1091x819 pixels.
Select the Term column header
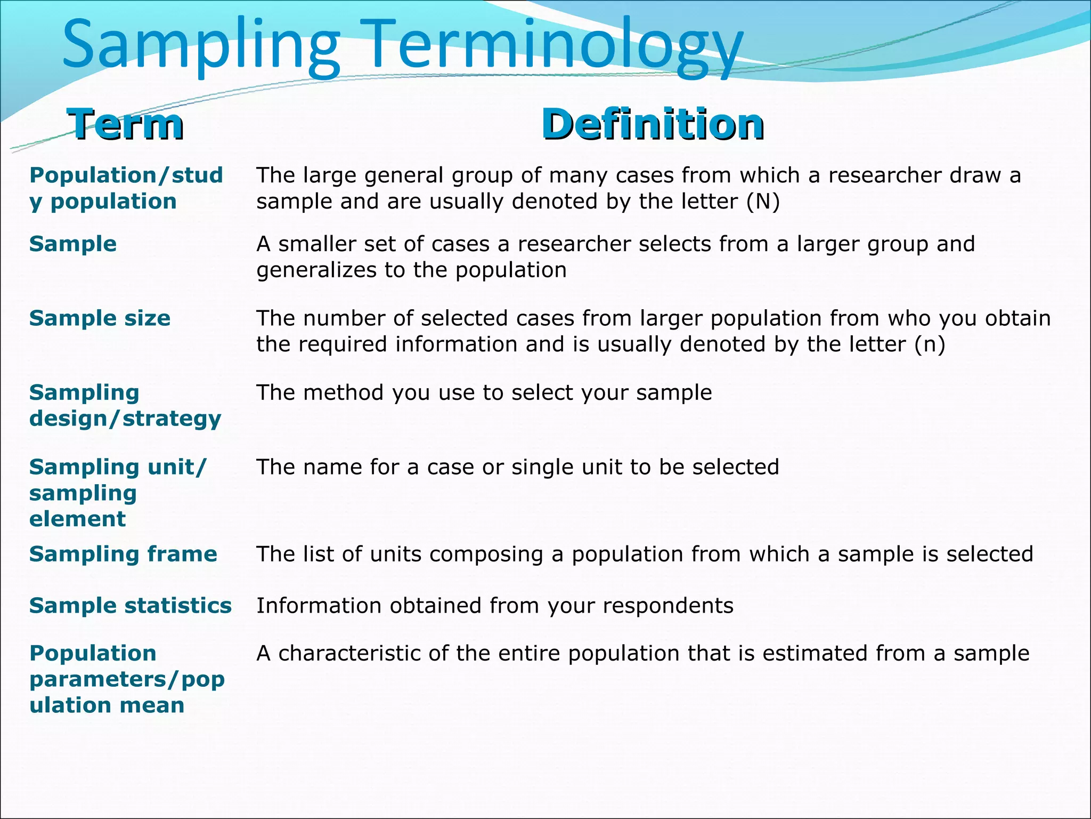[126, 124]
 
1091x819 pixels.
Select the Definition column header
[653, 124]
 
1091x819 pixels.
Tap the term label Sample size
[100, 318]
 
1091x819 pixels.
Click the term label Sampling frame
[123, 554]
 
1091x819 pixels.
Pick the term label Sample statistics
[131, 606]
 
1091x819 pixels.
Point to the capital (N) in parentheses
[763, 202]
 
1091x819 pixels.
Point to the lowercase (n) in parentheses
[930, 344]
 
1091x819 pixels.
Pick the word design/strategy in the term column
[125, 419]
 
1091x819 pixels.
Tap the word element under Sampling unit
[77, 519]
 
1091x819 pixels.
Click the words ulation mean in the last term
[107, 705]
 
